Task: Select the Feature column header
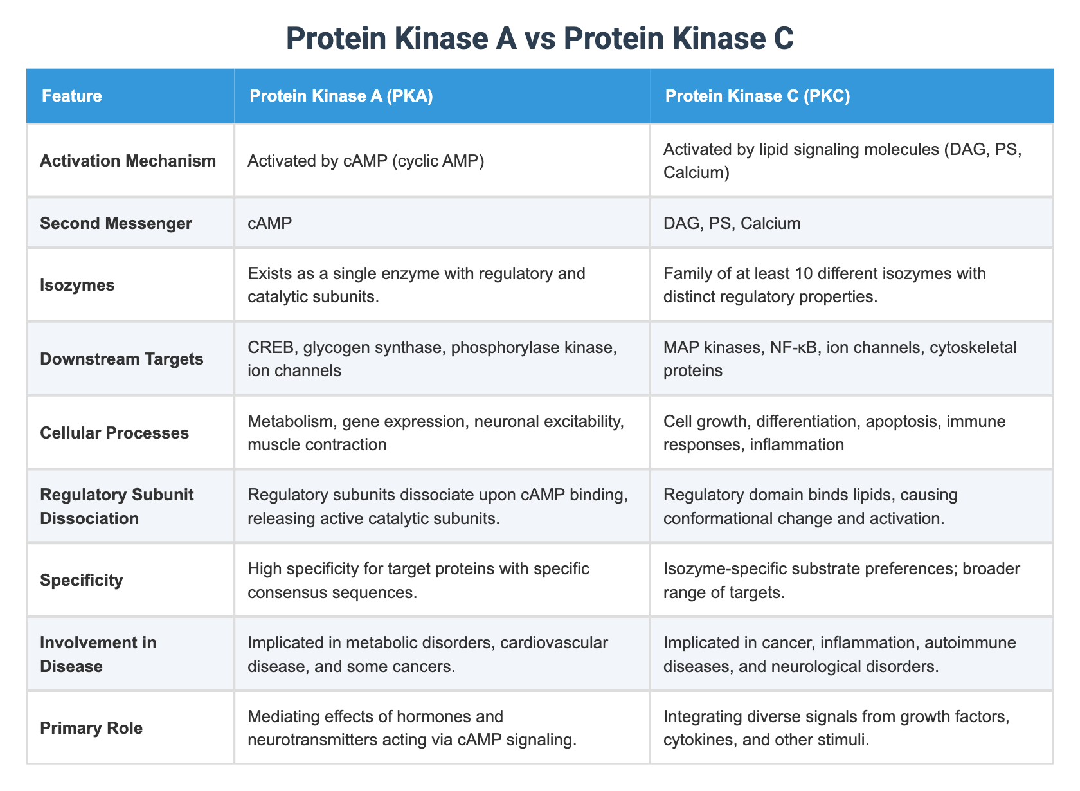click(x=72, y=96)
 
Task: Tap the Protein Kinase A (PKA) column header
click(x=341, y=96)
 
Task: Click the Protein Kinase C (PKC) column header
click(x=757, y=96)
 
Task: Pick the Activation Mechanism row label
click(x=128, y=161)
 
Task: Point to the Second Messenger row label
click(x=116, y=223)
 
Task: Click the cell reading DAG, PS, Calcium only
click(x=732, y=223)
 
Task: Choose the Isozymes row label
click(x=77, y=285)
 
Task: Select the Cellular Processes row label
click(x=114, y=433)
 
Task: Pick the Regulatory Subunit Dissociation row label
click(x=108, y=506)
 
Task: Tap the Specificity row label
click(x=81, y=580)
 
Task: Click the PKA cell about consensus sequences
click(x=418, y=580)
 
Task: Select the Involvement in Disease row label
click(x=98, y=654)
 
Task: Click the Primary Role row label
click(x=91, y=728)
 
